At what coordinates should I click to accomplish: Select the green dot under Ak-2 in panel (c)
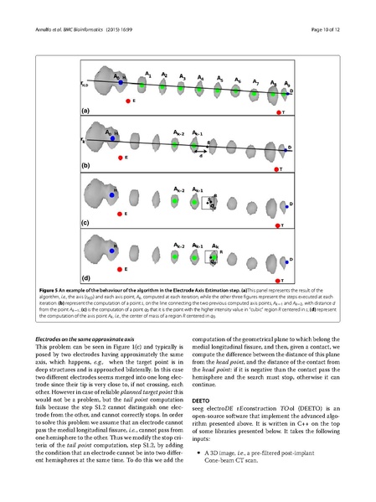174,202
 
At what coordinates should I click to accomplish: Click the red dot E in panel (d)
120,269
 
